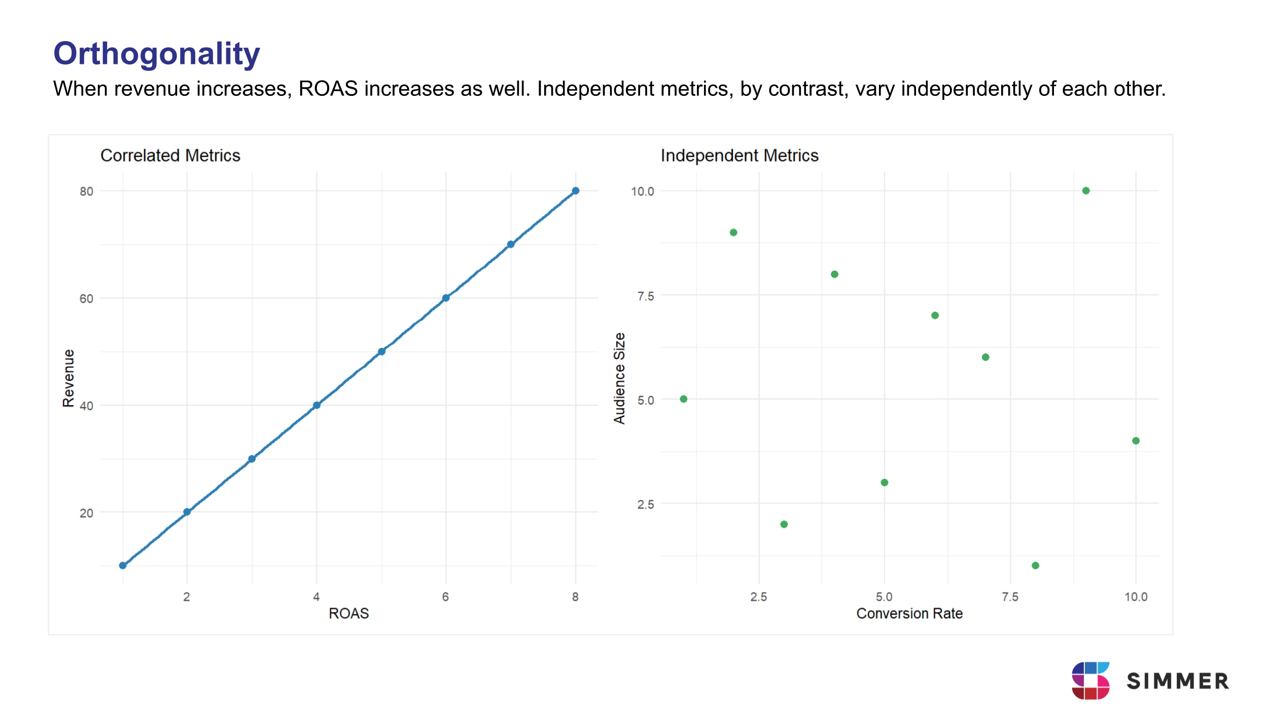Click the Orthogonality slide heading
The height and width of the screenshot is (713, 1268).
156,54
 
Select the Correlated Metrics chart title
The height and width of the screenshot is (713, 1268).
170,155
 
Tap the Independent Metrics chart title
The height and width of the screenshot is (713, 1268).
739,155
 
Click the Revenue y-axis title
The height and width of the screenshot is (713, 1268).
68,378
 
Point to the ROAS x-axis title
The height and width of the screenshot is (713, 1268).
348,613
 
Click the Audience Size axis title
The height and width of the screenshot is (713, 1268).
619,378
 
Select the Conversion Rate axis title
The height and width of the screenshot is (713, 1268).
909,613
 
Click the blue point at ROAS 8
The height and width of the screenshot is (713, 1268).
575,191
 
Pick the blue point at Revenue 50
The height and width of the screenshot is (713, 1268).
381,351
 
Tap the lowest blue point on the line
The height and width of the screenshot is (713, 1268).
123,565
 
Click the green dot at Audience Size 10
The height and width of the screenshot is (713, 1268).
1086,191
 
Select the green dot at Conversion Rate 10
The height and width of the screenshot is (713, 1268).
1136,441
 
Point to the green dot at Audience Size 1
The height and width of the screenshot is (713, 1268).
1036,565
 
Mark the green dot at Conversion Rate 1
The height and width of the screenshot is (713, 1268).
684,399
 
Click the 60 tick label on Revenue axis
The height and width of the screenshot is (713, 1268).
86,299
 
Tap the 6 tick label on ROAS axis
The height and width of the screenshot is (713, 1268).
445,597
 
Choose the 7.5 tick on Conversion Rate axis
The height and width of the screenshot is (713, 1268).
1010,597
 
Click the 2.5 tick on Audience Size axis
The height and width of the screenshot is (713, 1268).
645,505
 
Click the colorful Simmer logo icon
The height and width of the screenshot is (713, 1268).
1090,681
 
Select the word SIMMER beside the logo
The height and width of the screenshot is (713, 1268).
1178,681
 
